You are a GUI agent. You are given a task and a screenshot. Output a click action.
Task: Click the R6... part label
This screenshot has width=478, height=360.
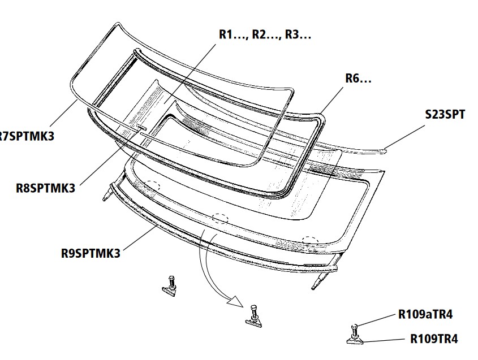[x=358, y=79]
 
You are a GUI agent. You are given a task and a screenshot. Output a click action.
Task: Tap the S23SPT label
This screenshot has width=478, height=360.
[x=445, y=115]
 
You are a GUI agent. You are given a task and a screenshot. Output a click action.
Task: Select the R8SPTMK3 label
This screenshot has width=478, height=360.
[x=45, y=189]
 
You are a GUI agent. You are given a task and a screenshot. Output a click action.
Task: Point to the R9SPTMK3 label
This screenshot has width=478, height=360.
[x=91, y=253]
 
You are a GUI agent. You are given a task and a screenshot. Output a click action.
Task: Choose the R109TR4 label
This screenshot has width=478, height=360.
[x=433, y=340]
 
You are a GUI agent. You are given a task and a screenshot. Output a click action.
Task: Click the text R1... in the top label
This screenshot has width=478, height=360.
[x=232, y=34]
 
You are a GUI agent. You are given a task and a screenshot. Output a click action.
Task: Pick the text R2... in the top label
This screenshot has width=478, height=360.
[x=265, y=34]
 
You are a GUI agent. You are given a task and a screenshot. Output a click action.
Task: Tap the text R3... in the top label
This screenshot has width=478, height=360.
[x=298, y=34]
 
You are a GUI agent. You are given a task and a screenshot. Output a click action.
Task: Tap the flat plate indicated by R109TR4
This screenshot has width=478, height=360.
[x=354, y=340]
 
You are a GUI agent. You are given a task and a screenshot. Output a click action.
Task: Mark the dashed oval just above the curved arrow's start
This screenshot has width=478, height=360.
[x=218, y=218]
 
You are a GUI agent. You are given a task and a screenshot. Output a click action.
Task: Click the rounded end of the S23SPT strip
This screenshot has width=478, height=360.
[x=386, y=150]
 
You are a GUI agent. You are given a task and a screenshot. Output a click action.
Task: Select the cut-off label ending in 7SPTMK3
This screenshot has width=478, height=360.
[x=27, y=137]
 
